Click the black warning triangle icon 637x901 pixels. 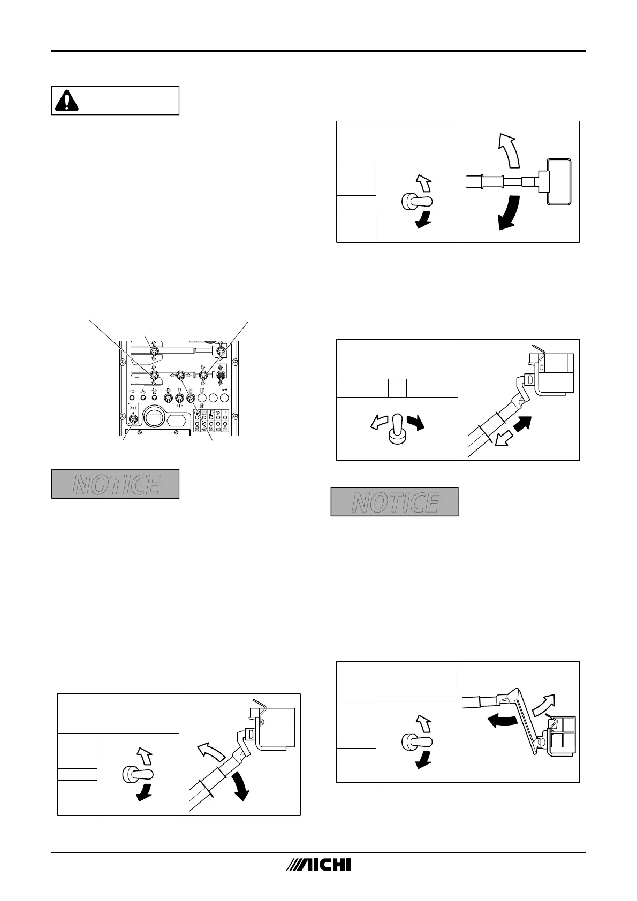tap(66, 100)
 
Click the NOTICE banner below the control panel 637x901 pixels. tap(115, 484)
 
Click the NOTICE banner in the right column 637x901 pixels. tap(395, 501)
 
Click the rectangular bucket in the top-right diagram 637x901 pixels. tap(558, 181)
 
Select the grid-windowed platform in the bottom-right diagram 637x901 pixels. tap(563, 736)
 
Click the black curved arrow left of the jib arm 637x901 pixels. tap(502, 721)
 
